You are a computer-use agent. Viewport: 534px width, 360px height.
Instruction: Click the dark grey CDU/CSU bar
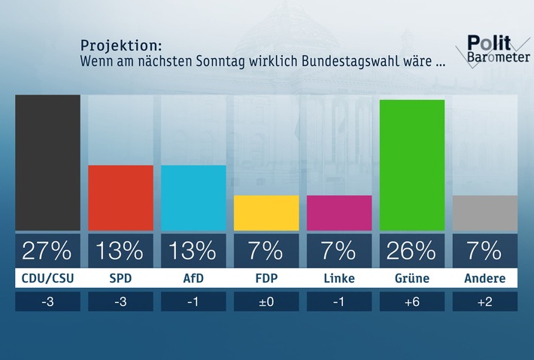[x=47, y=162]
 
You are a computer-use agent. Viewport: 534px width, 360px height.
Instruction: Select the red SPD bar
[x=120, y=198]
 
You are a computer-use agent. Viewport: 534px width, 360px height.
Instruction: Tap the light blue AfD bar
[x=193, y=198]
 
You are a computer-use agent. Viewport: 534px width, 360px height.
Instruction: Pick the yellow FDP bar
[x=266, y=213]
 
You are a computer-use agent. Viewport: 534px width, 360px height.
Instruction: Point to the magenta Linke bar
[x=339, y=213]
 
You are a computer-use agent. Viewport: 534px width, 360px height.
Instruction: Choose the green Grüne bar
[x=412, y=165]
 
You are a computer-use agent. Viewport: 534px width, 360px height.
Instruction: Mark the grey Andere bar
[x=485, y=213]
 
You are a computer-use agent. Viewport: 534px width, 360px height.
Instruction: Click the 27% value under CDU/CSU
[x=47, y=250]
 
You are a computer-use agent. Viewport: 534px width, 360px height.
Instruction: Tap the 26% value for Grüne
[x=412, y=250]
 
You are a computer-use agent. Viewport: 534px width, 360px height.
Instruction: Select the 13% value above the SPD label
[x=120, y=250]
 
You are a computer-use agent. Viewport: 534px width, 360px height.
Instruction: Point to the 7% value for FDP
[x=266, y=250]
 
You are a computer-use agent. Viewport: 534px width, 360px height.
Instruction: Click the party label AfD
[x=193, y=279]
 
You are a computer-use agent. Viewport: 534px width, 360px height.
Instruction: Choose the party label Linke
[x=339, y=279]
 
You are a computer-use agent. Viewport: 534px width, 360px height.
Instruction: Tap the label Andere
[x=485, y=279]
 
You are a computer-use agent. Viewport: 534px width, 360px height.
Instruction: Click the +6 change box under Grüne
[x=412, y=301]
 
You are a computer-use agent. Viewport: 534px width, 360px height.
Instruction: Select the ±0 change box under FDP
[x=266, y=301]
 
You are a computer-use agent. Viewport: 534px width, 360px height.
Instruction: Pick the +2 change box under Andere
[x=485, y=301]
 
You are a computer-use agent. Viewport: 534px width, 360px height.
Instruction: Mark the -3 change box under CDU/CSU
[x=47, y=301]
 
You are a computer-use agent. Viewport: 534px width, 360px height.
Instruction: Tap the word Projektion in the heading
[x=120, y=45]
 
